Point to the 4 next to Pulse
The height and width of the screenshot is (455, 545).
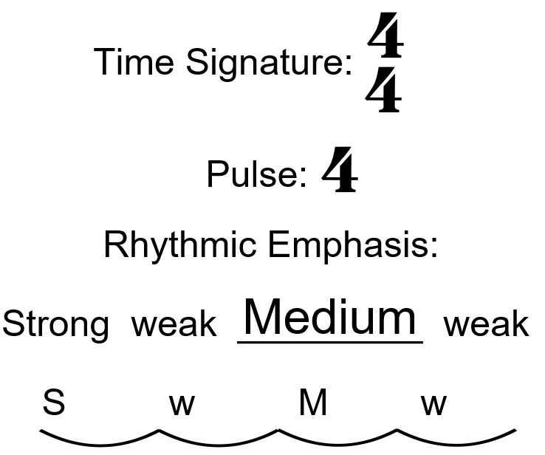[x=340, y=170]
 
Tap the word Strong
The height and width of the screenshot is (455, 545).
[x=56, y=324]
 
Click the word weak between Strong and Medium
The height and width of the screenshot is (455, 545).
[x=174, y=324]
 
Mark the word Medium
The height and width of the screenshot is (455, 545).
[x=329, y=318]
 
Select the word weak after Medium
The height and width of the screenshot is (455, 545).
[x=486, y=324]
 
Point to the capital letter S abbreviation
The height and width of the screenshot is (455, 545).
[x=53, y=403]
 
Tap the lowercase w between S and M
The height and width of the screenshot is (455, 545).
[x=182, y=405]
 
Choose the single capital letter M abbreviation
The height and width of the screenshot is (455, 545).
[x=313, y=403]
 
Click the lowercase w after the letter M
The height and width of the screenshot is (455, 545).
[x=433, y=405]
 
